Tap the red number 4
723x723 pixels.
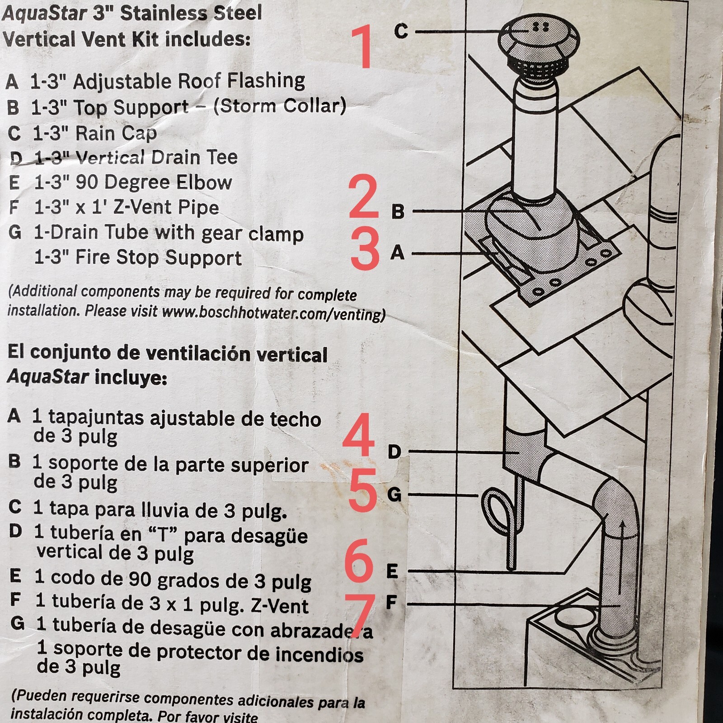(359, 435)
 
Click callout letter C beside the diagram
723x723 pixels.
(401, 31)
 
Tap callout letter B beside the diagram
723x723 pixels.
(398, 211)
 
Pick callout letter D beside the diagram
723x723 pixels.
(394, 451)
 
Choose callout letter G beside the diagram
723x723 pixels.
(394, 494)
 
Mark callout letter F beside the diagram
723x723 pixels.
(391, 602)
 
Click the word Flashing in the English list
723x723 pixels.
(266, 81)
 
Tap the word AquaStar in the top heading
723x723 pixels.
(44, 13)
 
